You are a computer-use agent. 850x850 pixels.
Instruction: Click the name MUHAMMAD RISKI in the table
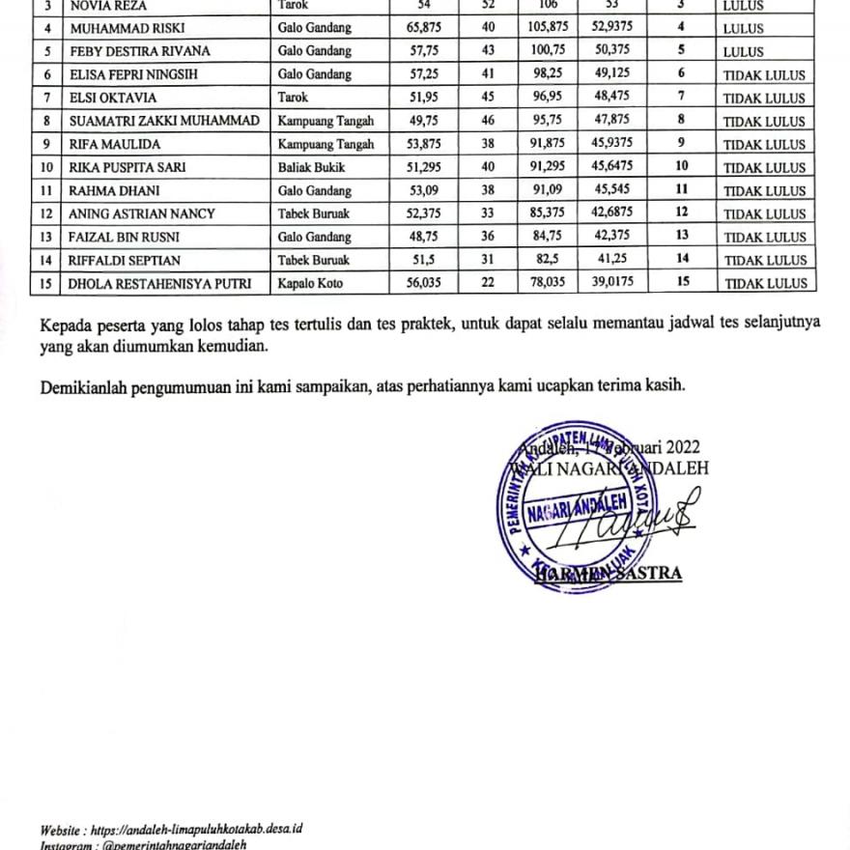[x=119, y=29]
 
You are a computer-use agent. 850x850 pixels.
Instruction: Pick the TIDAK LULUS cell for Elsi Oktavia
[x=764, y=99]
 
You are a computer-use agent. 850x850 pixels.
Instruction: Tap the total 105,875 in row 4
[x=547, y=29]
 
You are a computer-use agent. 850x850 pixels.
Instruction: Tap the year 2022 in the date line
[x=682, y=447]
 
